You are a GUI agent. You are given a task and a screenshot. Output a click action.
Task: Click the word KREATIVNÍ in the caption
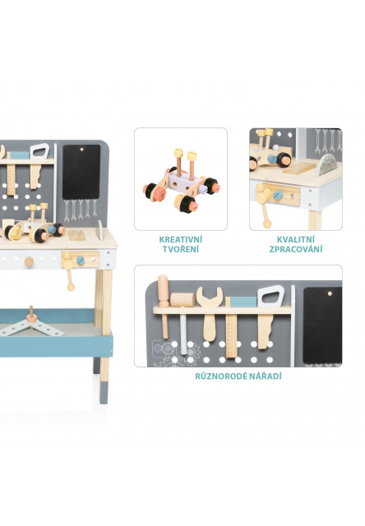coord(181,239)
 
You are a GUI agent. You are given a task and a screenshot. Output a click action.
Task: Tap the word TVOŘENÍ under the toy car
coord(181,249)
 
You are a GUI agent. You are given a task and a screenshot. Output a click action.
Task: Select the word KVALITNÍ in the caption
coord(296,239)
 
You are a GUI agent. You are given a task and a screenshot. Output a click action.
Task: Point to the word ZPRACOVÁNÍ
coord(296,249)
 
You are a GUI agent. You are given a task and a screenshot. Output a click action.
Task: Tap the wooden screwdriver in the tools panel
coord(164,305)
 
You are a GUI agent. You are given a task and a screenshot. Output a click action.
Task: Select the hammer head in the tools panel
coord(182,300)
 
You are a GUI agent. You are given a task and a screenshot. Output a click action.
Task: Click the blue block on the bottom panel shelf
coord(243,302)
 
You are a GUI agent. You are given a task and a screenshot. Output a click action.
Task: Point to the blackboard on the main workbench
coord(81,172)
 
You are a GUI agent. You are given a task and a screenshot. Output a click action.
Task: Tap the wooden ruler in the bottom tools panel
coord(231,327)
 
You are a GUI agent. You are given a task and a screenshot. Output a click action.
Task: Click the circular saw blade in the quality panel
coord(326,164)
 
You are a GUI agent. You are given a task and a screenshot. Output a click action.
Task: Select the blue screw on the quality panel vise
coord(277,196)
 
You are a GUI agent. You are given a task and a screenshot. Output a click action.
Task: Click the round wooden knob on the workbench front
coord(30,261)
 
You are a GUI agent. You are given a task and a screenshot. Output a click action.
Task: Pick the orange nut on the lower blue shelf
coord(31,316)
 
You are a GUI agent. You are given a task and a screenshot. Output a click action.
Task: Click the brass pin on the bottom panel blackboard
coord(330,293)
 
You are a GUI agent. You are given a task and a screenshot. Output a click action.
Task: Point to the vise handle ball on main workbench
coord(71,287)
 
